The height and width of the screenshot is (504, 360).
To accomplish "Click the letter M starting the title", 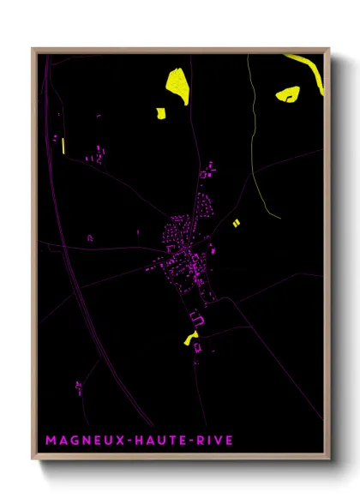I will pyautogui.click(x=50, y=441).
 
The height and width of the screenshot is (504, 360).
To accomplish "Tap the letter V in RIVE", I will pyautogui.click(x=218, y=441).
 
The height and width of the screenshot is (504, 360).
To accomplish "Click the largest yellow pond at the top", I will pyautogui.click(x=177, y=87).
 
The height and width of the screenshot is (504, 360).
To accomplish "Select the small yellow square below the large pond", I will pyautogui.click(x=159, y=111).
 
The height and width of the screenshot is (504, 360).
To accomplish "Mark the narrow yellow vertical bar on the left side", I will pyautogui.click(x=63, y=144).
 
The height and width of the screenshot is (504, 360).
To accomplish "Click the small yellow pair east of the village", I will pyautogui.click(x=236, y=223).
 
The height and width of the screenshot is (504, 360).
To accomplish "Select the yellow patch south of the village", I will pyautogui.click(x=190, y=338).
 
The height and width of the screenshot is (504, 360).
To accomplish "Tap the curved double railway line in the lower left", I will pyautogui.click(x=81, y=309).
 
